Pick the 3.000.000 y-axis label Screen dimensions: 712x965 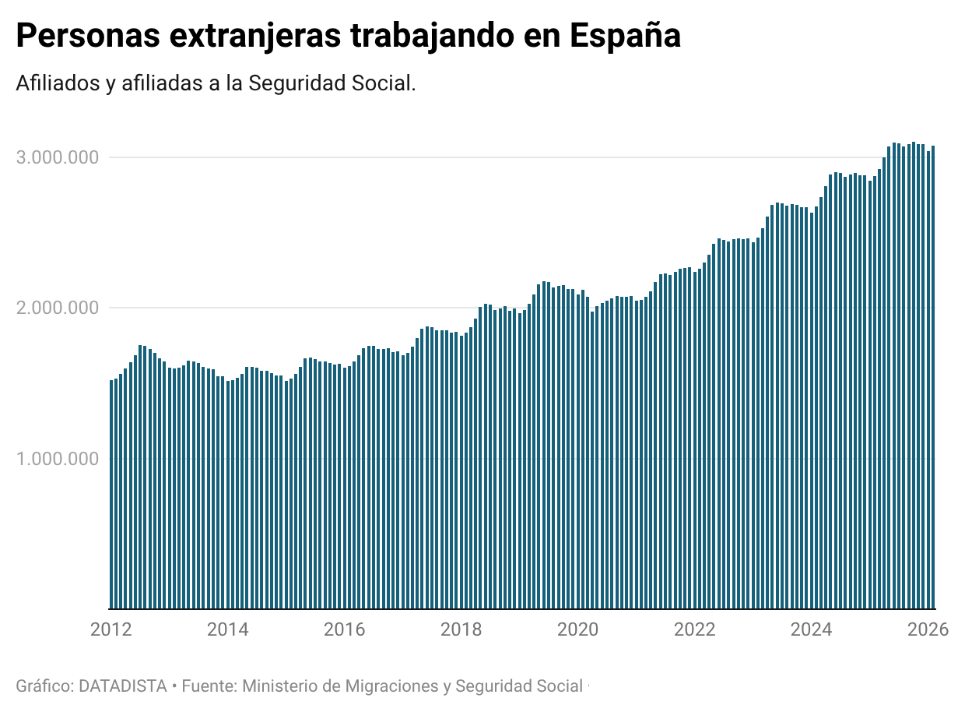pyautogui.click(x=57, y=158)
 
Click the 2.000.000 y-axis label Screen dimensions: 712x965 pyautogui.click(x=57, y=308)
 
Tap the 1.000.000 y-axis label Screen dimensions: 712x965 pyautogui.click(x=57, y=459)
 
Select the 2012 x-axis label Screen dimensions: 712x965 pyautogui.click(x=111, y=629)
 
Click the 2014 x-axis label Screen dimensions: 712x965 pyautogui.click(x=228, y=629)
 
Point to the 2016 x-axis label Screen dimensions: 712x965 pyautogui.click(x=345, y=629)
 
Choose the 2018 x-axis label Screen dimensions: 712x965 pyautogui.click(x=461, y=629)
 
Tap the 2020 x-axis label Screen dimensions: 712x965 pyautogui.click(x=578, y=629)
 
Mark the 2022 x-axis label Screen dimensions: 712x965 pyautogui.click(x=695, y=629)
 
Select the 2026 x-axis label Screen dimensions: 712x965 pyautogui.click(x=928, y=629)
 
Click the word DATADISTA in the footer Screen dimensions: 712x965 pyautogui.click(x=123, y=686)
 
